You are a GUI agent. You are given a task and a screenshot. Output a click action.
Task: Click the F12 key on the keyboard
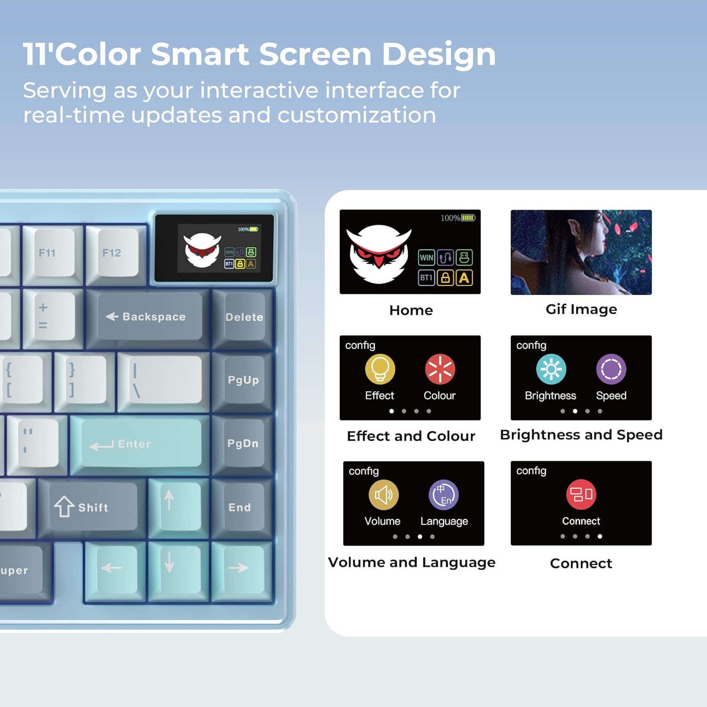112,253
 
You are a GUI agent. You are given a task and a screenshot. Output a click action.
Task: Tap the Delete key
244,317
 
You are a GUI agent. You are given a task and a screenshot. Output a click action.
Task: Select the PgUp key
243,380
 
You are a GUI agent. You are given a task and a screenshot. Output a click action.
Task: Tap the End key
240,507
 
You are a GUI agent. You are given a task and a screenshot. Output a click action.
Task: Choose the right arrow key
239,568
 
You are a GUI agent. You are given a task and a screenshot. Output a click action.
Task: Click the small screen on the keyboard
214,248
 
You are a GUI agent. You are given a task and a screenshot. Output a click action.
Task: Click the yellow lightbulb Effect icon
380,369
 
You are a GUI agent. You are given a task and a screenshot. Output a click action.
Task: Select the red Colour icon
440,369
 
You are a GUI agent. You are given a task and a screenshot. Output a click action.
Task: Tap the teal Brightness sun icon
551,369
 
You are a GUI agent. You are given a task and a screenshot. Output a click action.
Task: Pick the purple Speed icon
611,369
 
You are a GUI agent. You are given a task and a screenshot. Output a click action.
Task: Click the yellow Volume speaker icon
383,495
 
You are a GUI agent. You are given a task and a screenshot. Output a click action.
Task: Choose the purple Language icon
444,495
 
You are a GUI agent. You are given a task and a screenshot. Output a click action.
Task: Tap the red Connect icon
581,494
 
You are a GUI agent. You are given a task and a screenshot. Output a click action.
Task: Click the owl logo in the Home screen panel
379,254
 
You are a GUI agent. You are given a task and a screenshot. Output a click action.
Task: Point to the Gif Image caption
581,309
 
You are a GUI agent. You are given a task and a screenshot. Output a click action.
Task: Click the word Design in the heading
438,55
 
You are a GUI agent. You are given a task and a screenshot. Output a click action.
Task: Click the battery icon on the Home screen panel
469,218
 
